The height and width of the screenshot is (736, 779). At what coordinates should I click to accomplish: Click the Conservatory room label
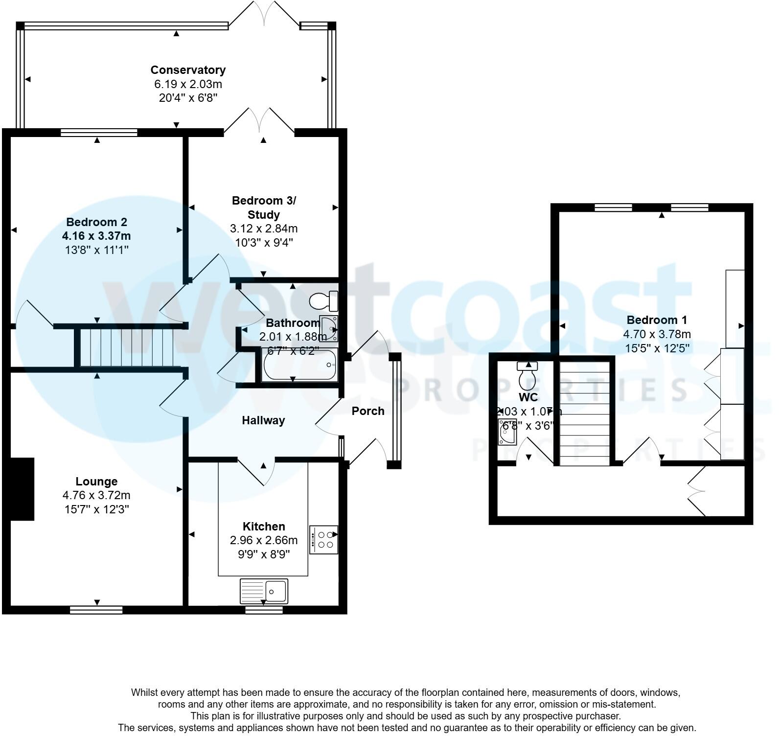pyautogui.click(x=188, y=70)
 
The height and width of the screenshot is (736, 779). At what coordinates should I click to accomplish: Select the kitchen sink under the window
pyautogui.click(x=264, y=591)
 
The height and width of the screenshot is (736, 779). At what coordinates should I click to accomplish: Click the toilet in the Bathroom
pyautogui.click(x=323, y=300)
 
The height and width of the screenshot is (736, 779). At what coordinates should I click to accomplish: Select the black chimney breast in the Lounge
pyautogui.click(x=22, y=489)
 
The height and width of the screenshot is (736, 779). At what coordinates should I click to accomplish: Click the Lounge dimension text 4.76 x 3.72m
pyautogui.click(x=96, y=495)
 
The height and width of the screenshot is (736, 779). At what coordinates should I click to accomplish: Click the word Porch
pyautogui.click(x=368, y=411)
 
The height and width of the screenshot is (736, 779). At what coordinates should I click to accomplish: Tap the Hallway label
pyautogui.click(x=263, y=420)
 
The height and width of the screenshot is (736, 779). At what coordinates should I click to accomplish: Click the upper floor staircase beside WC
pyautogui.click(x=584, y=413)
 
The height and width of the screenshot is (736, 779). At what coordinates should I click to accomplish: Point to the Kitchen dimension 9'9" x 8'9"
pyautogui.click(x=264, y=554)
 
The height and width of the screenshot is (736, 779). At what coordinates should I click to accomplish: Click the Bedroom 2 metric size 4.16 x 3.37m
pyautogui.click(x=96, y=236)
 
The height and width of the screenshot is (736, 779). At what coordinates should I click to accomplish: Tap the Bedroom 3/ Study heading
pyautogui.click(x=264, y=207)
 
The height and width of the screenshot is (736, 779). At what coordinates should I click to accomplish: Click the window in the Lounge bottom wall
pyautogui.click(x=96, y=610)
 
